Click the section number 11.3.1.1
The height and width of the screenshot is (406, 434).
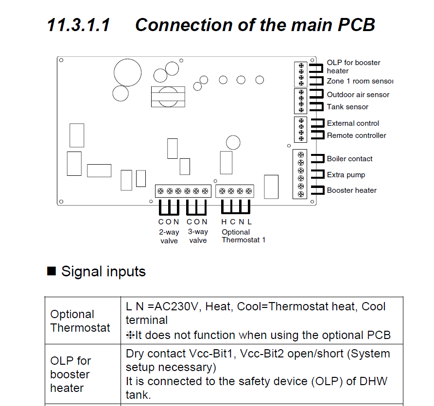pyautogui.click(x=78, y=25)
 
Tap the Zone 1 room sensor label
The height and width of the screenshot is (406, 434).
pyautogui.click(x=360, y=81)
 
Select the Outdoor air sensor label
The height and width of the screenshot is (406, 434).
pyautogui.click(x=358, y=95)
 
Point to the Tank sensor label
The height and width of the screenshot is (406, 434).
pyautogui.click(x=347, y=107)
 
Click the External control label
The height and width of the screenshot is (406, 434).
pyautogui.click(x=353, y=123)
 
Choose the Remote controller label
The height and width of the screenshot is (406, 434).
pyautogui.click(x=356, y=135)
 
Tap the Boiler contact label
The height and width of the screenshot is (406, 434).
pyautogui.click(x=349, y=159)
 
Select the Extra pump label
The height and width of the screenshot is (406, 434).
pyautogui.click(x=346, y=175)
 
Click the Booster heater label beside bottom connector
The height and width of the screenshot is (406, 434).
pyautogui.click(x=351, y=190)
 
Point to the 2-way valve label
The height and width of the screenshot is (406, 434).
pyautogui.click(x=169, y=237)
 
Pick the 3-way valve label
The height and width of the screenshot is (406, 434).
pyautogui.click(x=198, y=237)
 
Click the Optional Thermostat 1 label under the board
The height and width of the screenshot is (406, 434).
pyautogui.click(x=243, y=236)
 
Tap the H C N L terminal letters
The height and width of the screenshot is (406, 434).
pyautogui.click(x=237, y=222)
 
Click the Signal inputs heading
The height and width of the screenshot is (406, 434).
pyautogui.click(x=103, y=271)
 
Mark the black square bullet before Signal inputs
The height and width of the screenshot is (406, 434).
pyautogui.click(x=52, y=271)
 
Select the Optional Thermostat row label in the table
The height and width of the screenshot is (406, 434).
pyautogui.click(x=80, y=321)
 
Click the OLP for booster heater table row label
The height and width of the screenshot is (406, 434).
pyautogui.click(x=70, y=374)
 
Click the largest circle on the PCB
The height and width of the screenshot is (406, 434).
pyautogui.click(x=128, y=73)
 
